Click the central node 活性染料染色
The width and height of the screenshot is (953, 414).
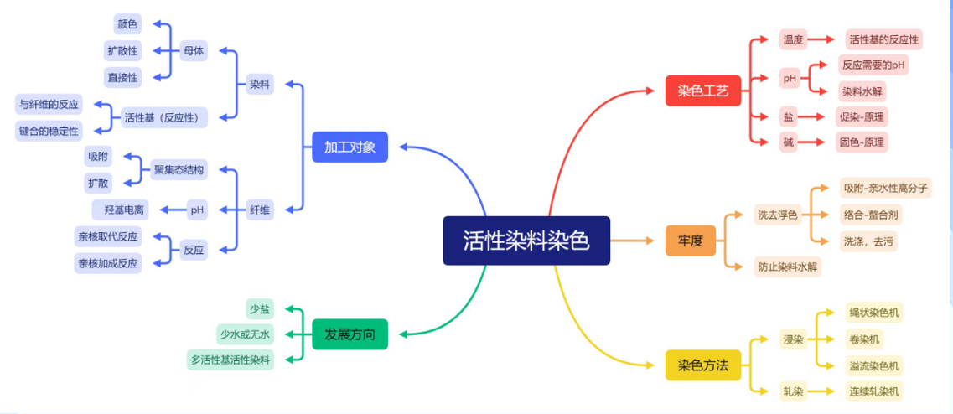pos(526,241)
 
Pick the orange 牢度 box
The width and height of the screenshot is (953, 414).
pos(690,241)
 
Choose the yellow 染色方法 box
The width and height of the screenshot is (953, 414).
pos(703,365)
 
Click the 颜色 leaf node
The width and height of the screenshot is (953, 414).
pos(127,24)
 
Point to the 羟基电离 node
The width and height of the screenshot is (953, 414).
pos(121,210)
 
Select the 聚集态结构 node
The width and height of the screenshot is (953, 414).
pos(179,169)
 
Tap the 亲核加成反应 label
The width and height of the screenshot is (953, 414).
pos(108,263)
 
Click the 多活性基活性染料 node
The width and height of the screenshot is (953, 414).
pos(230,360)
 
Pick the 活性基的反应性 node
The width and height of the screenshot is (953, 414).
pos(883,39)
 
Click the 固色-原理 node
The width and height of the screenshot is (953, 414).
pos(862,142)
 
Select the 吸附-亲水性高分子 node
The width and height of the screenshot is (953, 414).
pos(886,188)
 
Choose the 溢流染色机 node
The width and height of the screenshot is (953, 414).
pos(874,365)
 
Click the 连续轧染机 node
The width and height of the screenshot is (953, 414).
pos(874,391)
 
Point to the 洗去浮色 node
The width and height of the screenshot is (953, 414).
pos(777,215)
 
